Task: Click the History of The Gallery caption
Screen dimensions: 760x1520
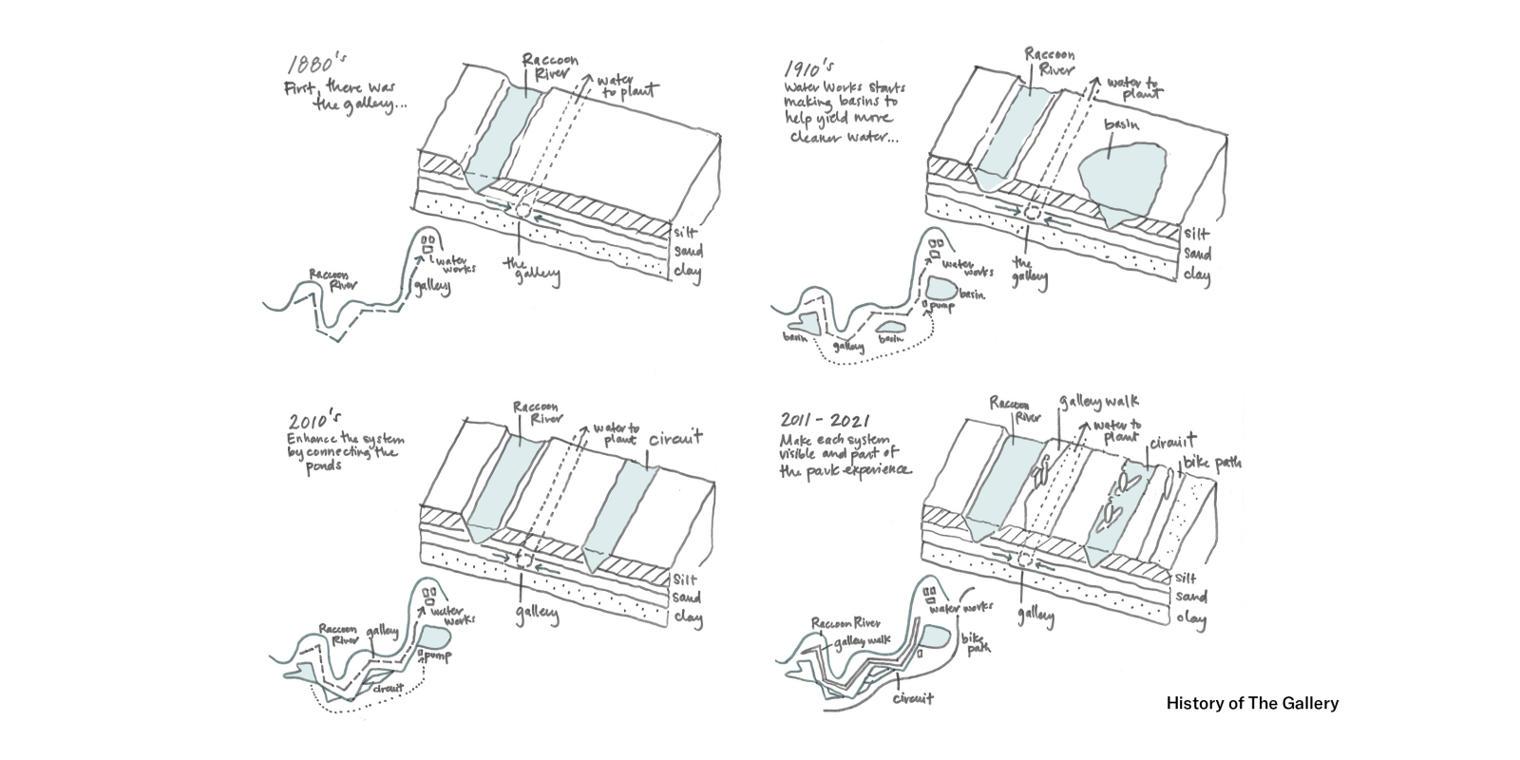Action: pos(1252,704)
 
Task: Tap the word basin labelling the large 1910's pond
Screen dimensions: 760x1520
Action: pos(1124,126)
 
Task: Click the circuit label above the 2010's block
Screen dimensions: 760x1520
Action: pos(675,439)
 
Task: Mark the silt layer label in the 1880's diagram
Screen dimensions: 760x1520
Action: pos(686,231)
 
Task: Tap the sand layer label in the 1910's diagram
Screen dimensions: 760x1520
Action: pos(1196,255)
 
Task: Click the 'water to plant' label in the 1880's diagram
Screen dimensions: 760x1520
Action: pos(623,85)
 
